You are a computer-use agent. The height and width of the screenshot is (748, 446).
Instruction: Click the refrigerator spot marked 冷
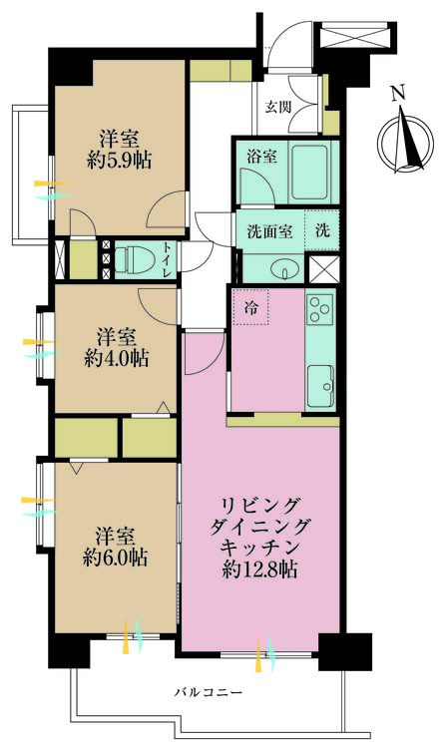coord(249,308)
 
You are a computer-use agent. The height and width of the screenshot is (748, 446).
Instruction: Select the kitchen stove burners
coord(320,312)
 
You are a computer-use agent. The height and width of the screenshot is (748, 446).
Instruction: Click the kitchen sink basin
coord(320,380)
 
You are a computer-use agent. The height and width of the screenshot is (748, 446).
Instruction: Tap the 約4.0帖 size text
coord(118,358)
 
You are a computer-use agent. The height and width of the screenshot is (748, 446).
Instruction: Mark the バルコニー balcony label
coord(208,692)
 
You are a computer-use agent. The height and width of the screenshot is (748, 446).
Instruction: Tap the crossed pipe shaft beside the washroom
coord(322,270)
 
